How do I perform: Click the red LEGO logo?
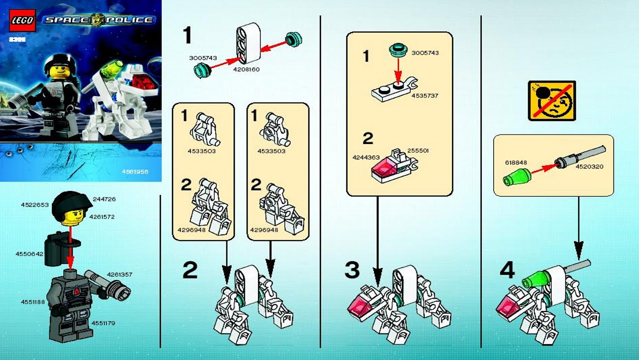(21, 20)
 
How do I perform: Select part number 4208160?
(246, 69)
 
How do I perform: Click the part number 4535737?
(424, 95)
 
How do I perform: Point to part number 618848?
(516, 162)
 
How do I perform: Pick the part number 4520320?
(590, 166)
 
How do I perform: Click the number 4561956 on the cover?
(136, 171)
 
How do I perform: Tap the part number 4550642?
(29, 254)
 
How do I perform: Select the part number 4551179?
(103, 323)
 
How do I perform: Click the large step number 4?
(507, 270)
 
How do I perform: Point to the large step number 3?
(352, 270)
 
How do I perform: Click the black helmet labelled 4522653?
(72, 203)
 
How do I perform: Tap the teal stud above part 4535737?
(398, 50)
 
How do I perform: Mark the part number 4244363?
(366, 157)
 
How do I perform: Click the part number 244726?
(104, 199)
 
